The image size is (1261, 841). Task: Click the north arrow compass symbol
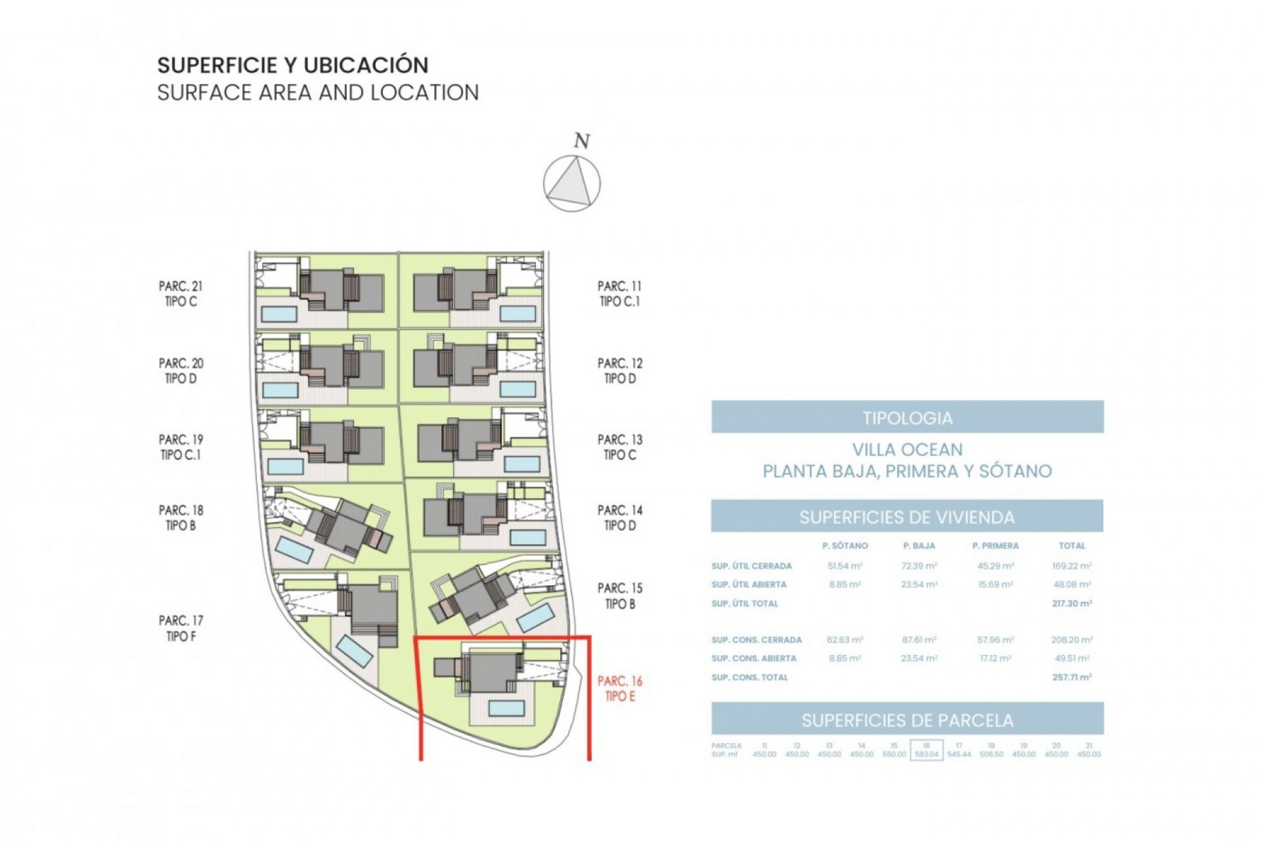click(571, 183)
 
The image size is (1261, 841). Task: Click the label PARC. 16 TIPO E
click(619, 689)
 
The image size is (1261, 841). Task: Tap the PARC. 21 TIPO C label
click(181, 294)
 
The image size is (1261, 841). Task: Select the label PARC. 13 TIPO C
click(619, 447)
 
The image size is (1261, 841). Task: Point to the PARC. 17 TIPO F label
click(181, 628)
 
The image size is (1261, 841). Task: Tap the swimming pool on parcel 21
click(280, 314)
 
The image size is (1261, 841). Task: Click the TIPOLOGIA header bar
click(907, 417)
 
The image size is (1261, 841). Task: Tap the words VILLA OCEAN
click(907, 450)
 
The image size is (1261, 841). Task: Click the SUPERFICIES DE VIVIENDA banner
click(907, 517)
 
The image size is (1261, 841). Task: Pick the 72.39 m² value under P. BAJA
click(919, 566)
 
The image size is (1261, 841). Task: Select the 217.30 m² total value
click(1071, 603)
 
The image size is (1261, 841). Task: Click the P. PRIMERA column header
click(995, 546)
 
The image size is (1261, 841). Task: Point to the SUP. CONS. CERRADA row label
click(756, 639)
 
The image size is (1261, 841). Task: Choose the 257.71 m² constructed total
click(1071, 677)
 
